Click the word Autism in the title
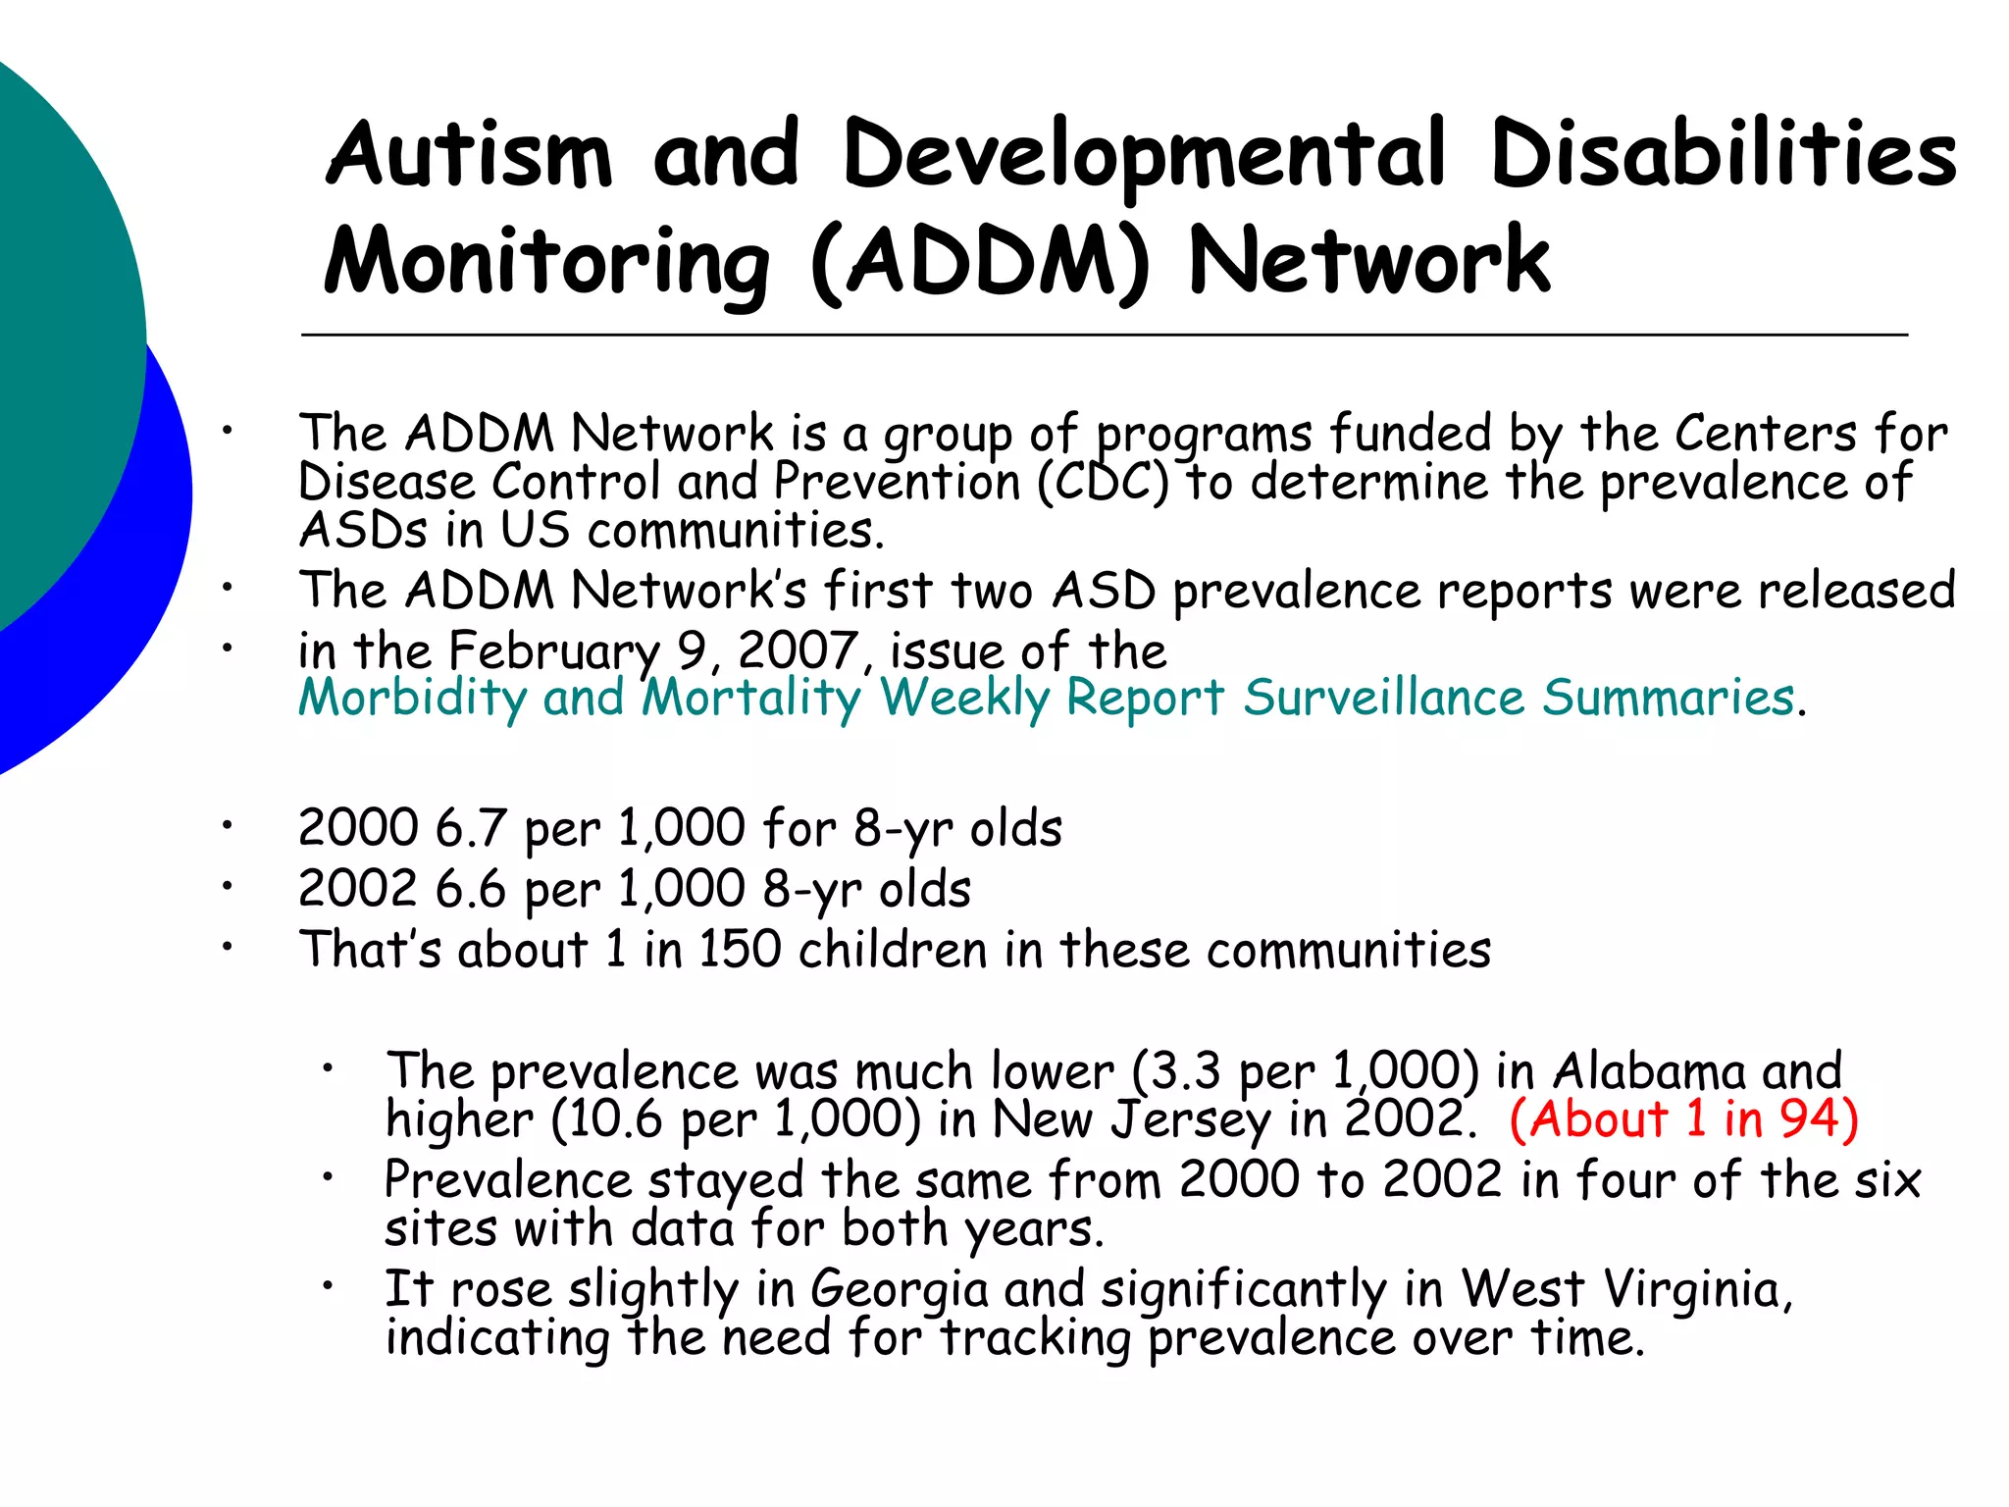469,154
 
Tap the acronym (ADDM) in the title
980,261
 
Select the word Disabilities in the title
1724,154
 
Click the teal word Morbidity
412,699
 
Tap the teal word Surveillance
1383,699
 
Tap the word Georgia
899,1289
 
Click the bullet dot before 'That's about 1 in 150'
227,947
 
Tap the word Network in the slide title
1369,261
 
